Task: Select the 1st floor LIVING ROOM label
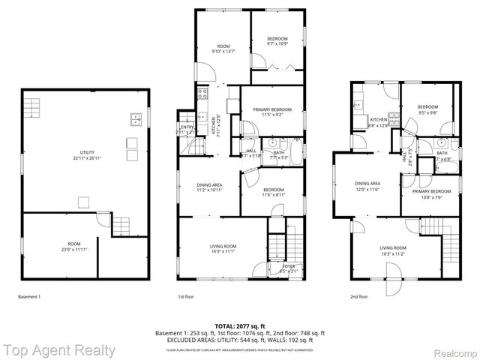click(x=223, y=249)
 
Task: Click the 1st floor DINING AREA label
click(x=209, y=187)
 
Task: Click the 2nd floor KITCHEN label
click(x=379, y=122)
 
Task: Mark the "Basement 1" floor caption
click(x=29, y=297)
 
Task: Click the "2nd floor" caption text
click(x=359, y=297)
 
